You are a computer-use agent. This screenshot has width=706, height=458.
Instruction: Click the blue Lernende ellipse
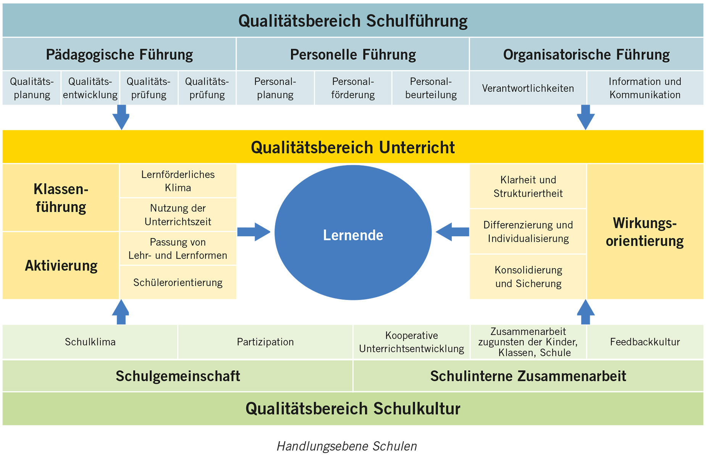tap(353, 232)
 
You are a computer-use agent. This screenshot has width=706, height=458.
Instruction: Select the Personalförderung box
tap(353, 88)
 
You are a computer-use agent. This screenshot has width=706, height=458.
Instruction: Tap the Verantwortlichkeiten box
tap(528, 88)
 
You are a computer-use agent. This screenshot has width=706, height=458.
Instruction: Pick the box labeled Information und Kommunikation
tap(645, 88)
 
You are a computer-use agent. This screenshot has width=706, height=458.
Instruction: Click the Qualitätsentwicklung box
tap(90, 88)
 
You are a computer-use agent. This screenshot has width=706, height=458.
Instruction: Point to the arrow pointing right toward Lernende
tap(254, 232)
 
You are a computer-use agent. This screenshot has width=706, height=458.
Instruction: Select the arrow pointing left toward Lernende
tap(452, 232)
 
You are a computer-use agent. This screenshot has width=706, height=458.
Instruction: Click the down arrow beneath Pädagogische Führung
tap(121, 117)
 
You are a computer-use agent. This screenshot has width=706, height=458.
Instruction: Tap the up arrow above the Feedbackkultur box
tap(586, 312)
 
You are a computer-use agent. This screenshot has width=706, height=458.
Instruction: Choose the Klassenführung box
tap(61, 198)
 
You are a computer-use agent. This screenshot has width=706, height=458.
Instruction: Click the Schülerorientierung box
tap(178, 282)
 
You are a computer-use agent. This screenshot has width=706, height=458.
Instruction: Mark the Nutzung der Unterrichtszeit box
tap(178, 214)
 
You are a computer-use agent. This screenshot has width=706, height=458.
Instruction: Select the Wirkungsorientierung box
tap(645, 232)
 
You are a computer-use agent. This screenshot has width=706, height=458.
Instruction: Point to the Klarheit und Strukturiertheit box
tap(528, 186)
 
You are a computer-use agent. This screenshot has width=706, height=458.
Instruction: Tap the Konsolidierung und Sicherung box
tap(528, 277)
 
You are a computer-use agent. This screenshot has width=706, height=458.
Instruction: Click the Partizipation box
tap(265, 342)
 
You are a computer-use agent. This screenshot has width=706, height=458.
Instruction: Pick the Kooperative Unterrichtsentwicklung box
tap(411, 342)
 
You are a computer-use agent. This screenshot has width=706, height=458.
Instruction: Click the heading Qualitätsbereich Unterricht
tap(353, 147)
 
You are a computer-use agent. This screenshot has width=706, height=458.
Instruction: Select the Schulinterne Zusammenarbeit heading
tap(528, 376)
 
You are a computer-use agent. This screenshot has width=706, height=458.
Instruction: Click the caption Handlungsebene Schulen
tap(347, 446)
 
